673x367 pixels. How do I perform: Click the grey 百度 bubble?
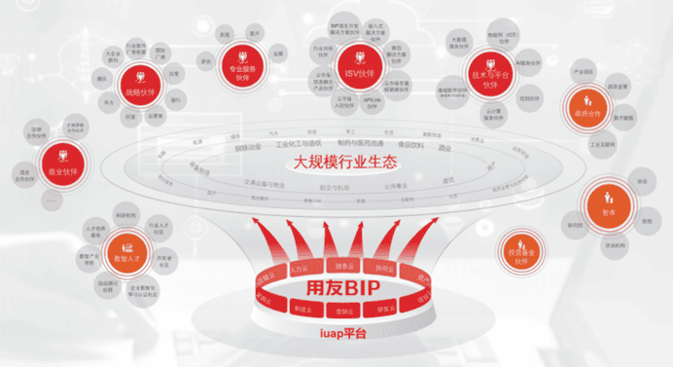[x=173, y=74]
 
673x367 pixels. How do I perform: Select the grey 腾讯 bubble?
[x=103, y=78]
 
